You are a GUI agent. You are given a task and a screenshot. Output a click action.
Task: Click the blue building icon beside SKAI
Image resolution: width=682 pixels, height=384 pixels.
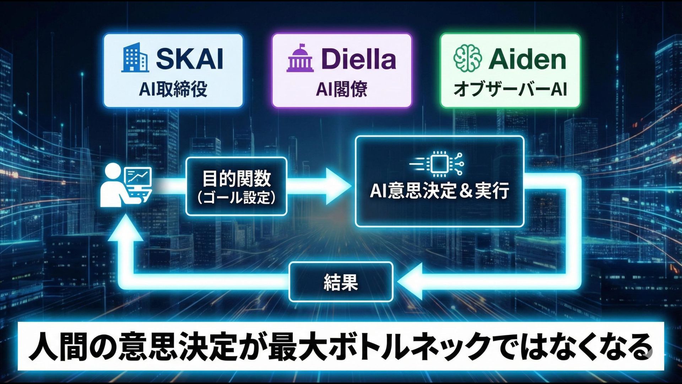coord(135,58)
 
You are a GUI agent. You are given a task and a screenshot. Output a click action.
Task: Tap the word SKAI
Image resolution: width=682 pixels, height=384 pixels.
coord(190,59)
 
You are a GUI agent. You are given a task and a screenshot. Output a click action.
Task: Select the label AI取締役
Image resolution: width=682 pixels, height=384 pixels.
coord(173,89)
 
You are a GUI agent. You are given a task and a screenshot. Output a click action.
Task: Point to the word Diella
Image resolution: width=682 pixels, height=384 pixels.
coord(358,59)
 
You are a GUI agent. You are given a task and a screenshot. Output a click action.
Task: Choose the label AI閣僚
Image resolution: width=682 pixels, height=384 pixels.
coord(341,89)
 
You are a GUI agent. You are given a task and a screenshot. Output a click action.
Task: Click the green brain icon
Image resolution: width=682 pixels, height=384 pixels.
coord(467,59)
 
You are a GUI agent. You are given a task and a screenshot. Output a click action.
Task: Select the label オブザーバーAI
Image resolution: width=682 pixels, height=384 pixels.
coord(510,89)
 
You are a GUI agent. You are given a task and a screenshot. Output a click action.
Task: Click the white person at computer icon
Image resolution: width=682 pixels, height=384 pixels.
coord(126,185)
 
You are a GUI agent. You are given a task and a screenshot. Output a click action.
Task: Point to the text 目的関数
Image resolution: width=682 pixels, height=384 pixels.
coord(237,178)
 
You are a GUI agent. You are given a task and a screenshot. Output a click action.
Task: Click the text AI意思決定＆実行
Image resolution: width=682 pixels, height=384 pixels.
coord(440,191)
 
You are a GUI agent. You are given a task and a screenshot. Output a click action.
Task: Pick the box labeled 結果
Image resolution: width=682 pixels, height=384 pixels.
coord(341,282)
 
